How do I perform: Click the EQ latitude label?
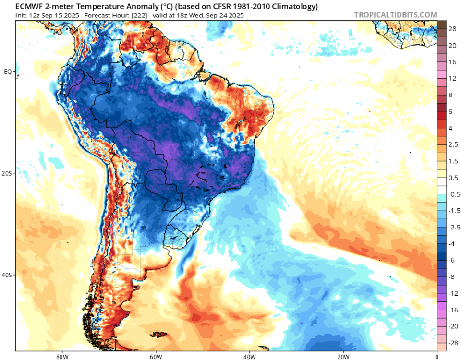8,72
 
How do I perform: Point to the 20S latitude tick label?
8,173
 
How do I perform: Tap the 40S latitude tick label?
8,275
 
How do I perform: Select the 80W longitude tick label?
61,356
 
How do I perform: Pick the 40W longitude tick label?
249,356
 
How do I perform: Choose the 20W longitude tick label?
343,356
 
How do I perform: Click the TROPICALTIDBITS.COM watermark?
395,15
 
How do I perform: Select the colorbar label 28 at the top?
452,29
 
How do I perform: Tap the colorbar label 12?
452,78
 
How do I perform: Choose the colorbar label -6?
452,260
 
